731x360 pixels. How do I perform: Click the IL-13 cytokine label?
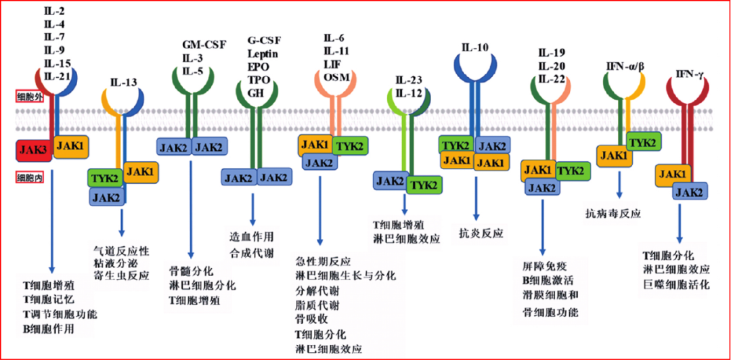tap(123, 83)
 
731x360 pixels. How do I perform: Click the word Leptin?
tap(262, 53)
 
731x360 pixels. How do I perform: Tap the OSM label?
tap(336, 76)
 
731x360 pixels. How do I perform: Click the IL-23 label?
tap(409, 81)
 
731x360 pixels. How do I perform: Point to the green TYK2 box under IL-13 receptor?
tap(106, 177)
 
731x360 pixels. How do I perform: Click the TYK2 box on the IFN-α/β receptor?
tap(642, 141)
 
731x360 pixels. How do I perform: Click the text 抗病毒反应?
tap(613, 213)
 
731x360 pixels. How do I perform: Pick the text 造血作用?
tap(251, 236)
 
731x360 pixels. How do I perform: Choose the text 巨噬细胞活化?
tap(676, 285)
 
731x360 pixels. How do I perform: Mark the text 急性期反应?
tap(323, 261)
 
